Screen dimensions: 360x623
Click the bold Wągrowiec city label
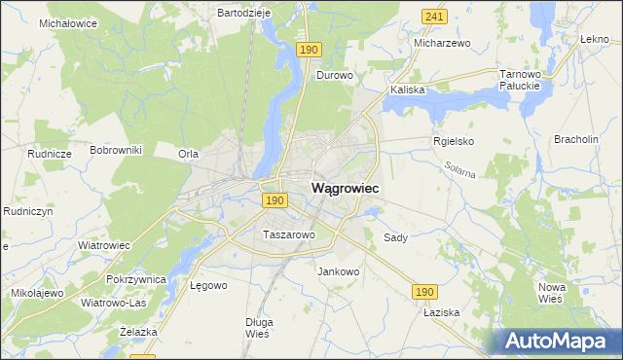coord(345,187)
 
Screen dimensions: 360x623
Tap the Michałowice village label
coord(68,21)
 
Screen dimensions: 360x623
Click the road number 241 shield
coord(435,17)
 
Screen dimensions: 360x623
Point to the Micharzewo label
coord(442,44)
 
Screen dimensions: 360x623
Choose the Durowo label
coord(334,74)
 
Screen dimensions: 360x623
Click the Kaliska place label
coord(408,90)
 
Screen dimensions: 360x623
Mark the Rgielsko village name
coord(453,140)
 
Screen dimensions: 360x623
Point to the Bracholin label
coord(575,139)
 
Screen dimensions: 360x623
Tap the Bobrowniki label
coord(116,150)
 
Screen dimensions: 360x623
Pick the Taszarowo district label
coord(289,234)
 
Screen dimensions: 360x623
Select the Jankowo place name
coord(339,271)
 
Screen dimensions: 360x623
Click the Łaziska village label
coord(440,313)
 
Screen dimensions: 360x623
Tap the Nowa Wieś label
coord(552,293)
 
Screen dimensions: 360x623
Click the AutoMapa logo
coord(557,342)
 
